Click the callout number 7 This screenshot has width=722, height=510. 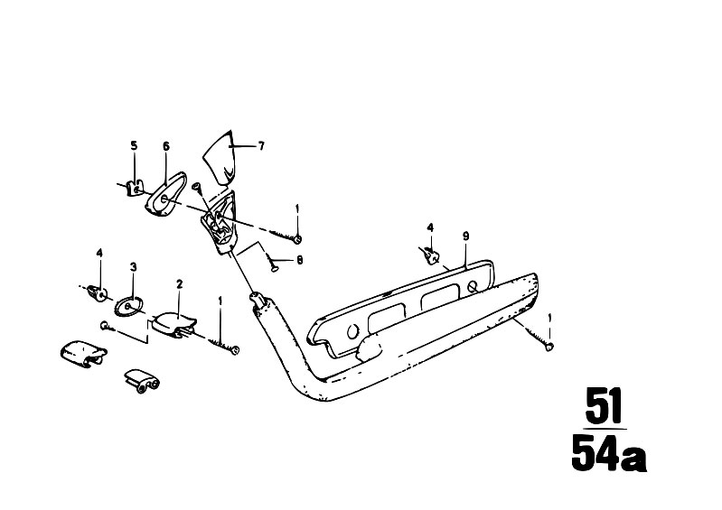point(261,146)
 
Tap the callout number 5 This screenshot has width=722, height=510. point(134,146)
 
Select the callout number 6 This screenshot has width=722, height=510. point(166,146)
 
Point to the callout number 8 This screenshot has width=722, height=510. point(300,260)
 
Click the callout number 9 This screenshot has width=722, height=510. point(466,236)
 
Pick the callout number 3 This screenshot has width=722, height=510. point(133,266)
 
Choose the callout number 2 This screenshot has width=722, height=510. point(179,284)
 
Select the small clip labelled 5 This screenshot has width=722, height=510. point(134,188)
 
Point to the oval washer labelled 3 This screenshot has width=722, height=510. point(129,306)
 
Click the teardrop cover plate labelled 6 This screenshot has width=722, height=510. point(165,196)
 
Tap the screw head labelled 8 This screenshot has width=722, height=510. point(273,270)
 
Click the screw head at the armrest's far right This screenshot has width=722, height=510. point(549,348)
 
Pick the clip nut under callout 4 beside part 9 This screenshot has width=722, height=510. point(429,255)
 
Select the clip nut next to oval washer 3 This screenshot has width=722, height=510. point(98,292)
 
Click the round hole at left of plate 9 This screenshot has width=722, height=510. point(352,331)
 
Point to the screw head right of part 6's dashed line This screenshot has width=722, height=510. point(298,239)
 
